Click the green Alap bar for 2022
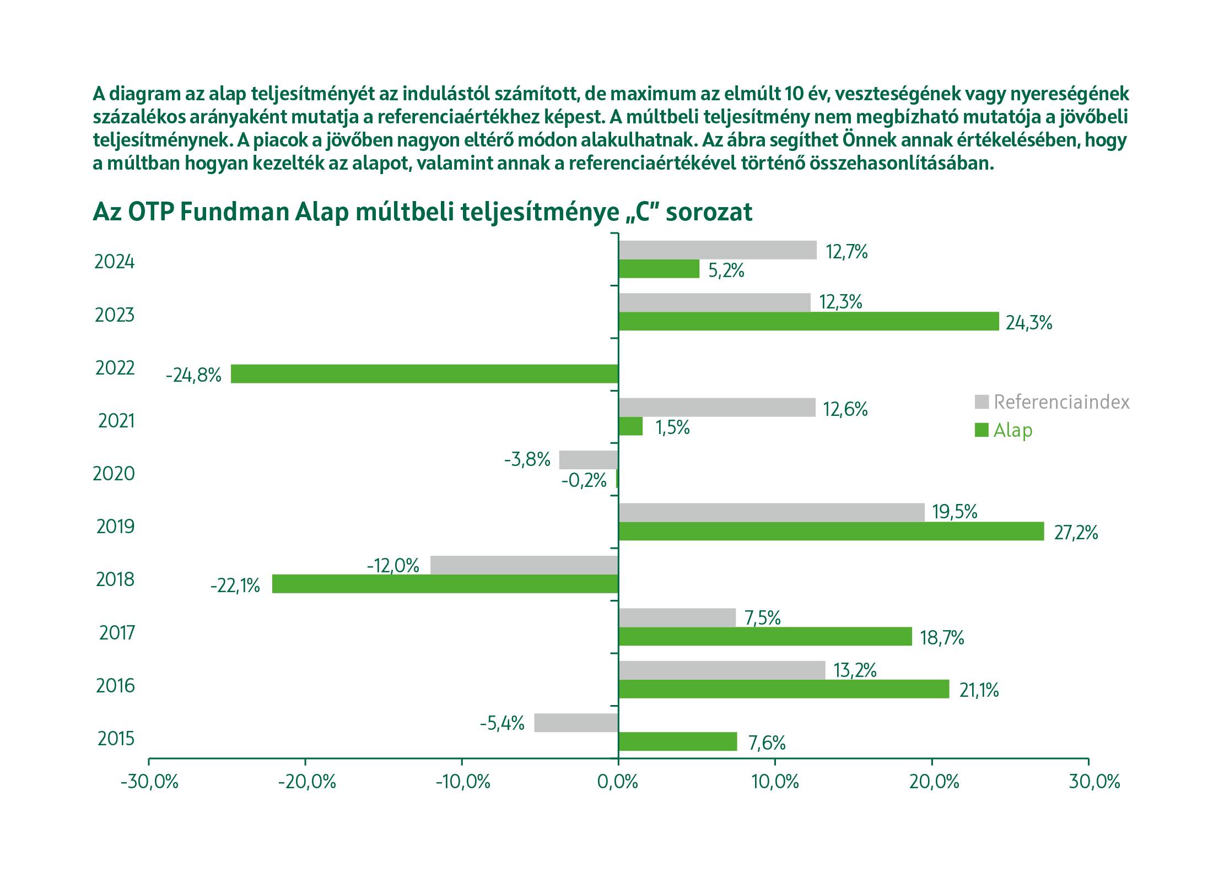coord(424,373)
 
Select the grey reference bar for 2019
coord(772,512)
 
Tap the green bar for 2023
coord(808,321)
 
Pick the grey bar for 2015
coord(576,723)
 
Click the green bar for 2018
coord(445,584)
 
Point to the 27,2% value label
coord(1076,533)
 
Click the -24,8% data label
coord(193,375)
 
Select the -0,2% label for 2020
coord(584,480)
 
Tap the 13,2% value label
coord(855,670)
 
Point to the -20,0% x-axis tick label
coord(306,782)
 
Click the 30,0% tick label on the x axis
coord(1094,782)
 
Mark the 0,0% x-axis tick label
coord(618,782)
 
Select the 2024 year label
coord(114,262)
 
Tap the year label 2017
coord(116,633)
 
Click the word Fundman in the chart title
coord(234,212)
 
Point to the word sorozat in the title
coord(709,212)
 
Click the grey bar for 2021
coord(716,407)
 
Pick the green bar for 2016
coord(784,689)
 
